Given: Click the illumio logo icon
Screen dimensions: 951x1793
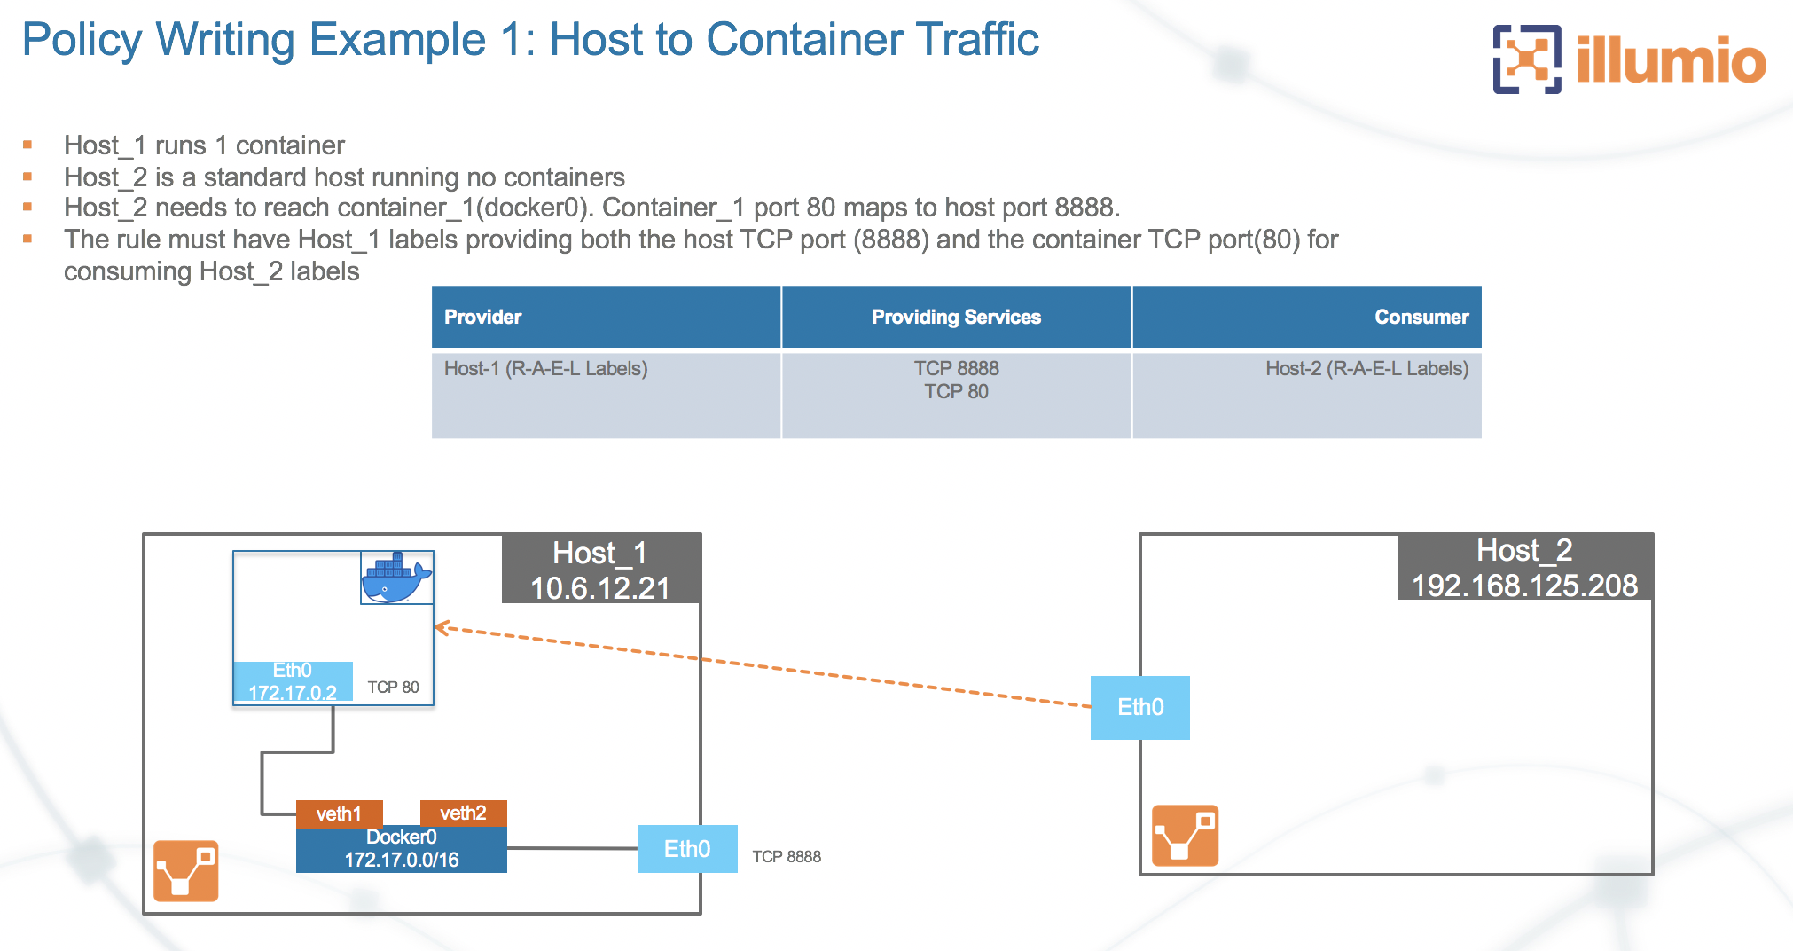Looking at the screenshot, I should click(1527, 59).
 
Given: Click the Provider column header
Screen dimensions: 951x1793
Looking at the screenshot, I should click(482, 317).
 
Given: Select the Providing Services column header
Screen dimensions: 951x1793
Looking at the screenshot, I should click(956, 317).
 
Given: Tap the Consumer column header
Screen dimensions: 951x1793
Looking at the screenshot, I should click(1421, 317).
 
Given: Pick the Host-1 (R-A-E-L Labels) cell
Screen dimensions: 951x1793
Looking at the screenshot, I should click(546, 369).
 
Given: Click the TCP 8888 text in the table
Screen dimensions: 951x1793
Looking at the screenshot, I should click(956, 368).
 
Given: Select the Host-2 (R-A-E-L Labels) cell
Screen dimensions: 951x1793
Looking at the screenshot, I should click(1366, 369).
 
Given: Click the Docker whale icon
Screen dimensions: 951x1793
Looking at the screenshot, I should click(396, 578).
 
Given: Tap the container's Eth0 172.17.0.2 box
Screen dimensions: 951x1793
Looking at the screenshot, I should click(293, 681).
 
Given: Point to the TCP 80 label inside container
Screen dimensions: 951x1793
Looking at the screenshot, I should click(393, 688).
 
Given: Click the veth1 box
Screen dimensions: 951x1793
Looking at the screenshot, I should click(339, 813).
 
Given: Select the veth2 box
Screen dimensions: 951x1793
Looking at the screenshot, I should click(463, 813).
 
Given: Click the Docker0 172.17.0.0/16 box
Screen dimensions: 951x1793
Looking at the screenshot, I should click(401, 849).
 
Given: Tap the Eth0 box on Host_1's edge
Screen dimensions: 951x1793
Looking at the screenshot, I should click(687, 849).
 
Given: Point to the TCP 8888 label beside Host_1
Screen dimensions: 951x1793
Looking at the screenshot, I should click(787, 857).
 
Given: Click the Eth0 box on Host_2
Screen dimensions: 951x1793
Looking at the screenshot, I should click(1139, 707).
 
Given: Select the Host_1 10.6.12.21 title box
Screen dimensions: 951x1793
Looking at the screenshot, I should click(600, 570).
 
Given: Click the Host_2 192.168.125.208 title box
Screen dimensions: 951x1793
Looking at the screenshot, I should click(1524, 568).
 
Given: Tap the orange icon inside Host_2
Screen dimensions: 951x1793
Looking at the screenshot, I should click(1185, 836).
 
